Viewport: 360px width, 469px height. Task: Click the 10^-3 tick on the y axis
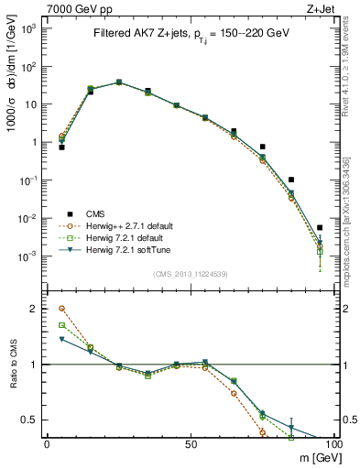coord(29,256)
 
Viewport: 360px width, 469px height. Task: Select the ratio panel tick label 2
coord(37,309)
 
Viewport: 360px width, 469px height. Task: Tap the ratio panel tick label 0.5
coord(32,420)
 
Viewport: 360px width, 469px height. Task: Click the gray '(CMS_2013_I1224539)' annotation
coord(190,273)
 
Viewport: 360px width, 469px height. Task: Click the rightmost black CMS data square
coord(320,227)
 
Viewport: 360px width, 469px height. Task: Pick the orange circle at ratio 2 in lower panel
coord(61,309)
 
